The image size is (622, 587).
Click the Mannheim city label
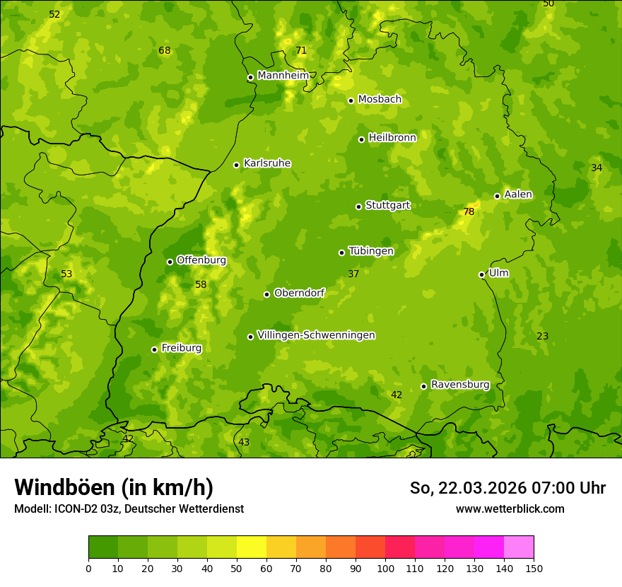(283, 76)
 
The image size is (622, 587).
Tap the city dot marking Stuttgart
(358, 207)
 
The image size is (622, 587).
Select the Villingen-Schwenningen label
(316, 335)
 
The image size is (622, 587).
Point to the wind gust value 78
(469, 211)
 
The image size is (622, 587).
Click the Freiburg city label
(181, 348)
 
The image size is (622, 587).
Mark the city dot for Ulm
(481, 274)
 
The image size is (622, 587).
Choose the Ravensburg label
(459, 385)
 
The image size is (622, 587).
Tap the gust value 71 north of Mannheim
(301, 50)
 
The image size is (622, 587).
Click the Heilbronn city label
(392, 138)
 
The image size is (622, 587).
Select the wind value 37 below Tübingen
(353, 274)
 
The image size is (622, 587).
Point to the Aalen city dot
(497, 196)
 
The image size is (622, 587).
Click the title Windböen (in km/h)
(114, 487)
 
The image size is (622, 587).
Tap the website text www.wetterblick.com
(510, 508)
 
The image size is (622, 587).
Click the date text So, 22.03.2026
(467, 488)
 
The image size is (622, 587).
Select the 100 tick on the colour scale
(385, 567)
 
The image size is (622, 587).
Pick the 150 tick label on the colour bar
(534, 567)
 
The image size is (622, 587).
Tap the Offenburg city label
(201, 260)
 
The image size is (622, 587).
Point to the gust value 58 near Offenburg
(201, 284)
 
